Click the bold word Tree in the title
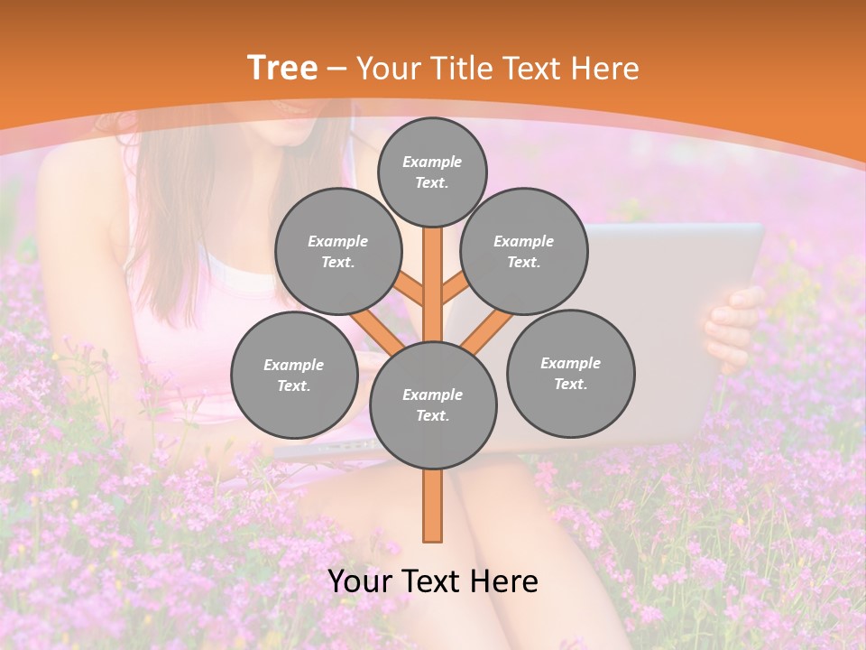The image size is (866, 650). [x=282, y=69]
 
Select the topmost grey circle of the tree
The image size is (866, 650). [x=432, y=172]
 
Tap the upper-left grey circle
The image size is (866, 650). [x=337, y=251]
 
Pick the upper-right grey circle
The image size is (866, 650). [x=524, y=251]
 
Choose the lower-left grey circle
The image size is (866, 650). [x=294, y=375]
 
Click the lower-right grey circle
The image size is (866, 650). [x=570, y=373]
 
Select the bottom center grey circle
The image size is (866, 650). [x=433, y=404]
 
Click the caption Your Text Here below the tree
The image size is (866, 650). [x=433, y=581]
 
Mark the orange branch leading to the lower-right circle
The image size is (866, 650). [x=488, y=330]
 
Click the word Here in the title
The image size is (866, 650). [x=606, y=69]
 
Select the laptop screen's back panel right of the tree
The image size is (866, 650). [x=668, y=271]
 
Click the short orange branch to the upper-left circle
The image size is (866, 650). [x=410, y=291]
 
